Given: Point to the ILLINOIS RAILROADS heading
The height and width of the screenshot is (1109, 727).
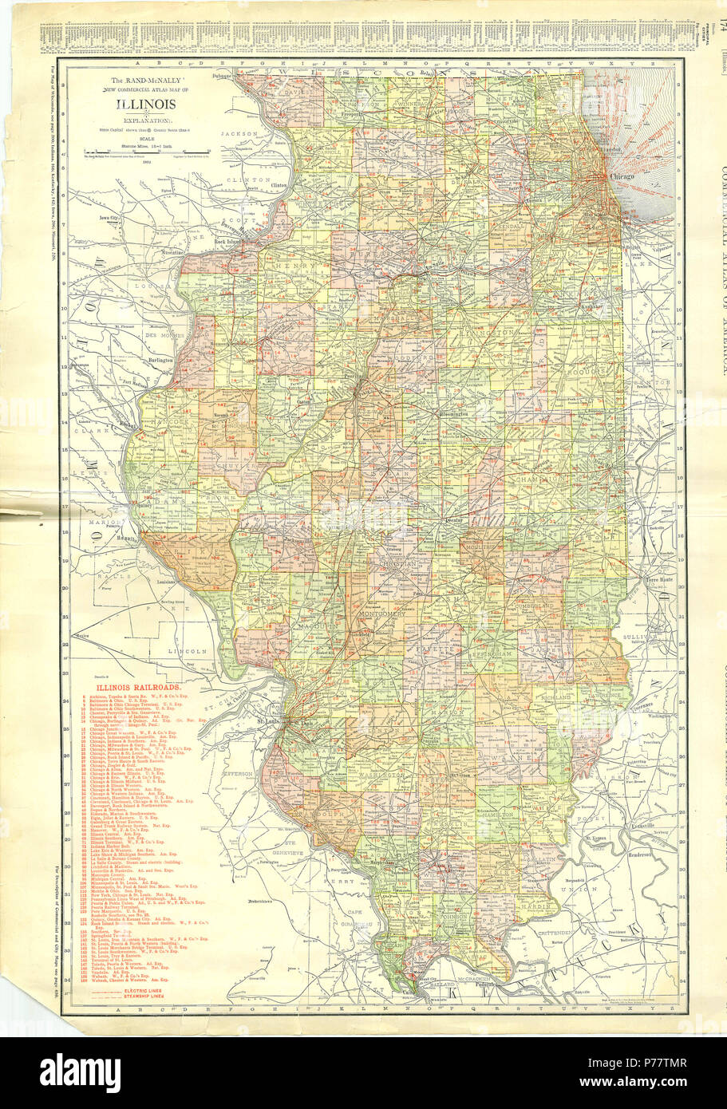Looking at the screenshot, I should [x=138, y=686].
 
